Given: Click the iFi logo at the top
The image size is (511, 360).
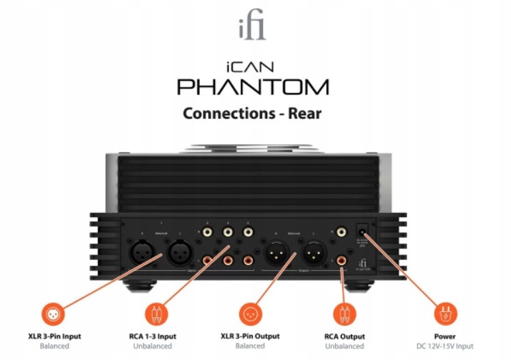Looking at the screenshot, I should [x=253, y=29].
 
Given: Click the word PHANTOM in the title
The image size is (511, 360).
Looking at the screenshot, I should [x=253, y=87].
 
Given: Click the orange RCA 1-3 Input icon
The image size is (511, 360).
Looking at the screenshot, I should [x=155, y=314].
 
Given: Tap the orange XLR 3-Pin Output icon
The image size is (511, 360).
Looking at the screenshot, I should [x=250, y=314].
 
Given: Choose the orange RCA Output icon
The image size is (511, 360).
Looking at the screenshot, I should [x=344, y=314].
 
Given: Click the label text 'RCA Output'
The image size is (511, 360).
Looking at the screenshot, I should [x=344, y=336].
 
